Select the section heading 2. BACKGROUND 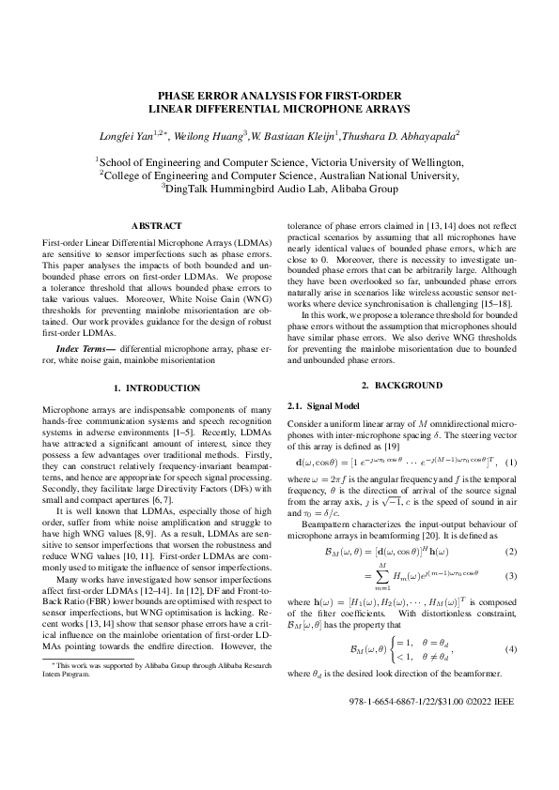point(401,386)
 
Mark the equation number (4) point(511,649)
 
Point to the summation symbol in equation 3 point(382,573)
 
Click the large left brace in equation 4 point(392,649)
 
